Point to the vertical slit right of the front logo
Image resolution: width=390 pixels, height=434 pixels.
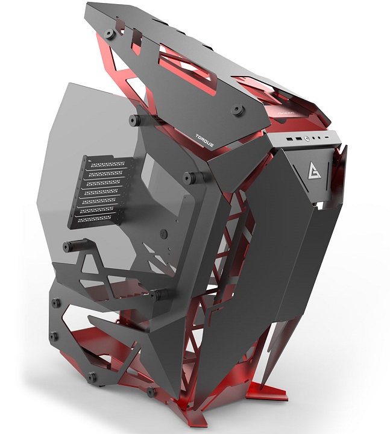click(331, 175)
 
